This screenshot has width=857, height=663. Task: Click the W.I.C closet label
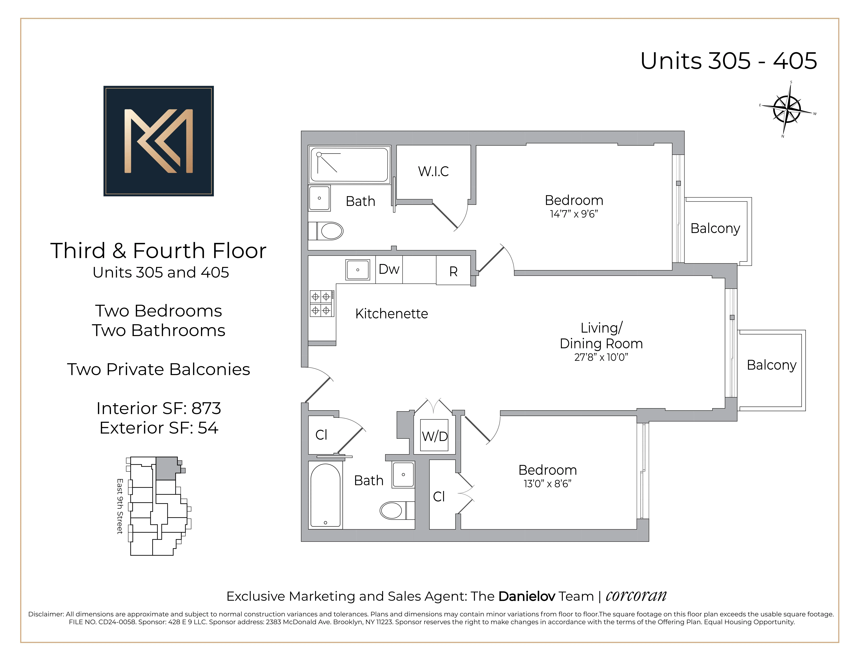click(433, 172)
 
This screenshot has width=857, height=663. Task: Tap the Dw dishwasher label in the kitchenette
click(389, 269)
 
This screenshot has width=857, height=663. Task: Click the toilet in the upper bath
click(331, 231)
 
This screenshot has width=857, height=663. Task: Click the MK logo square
click(159, 141)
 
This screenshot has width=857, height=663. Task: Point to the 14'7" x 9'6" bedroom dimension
click(574, 214)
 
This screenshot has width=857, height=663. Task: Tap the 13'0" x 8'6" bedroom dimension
click(547, 484)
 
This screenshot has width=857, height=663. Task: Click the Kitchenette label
click(391, 314)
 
